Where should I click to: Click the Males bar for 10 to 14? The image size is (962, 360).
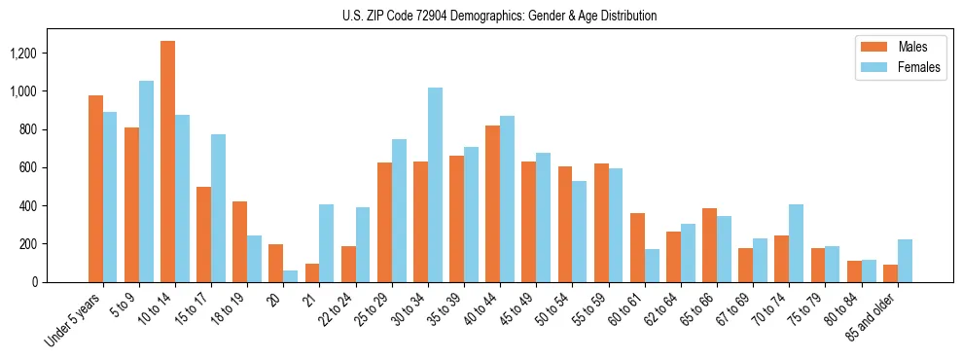168,162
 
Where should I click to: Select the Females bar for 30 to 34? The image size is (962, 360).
435,185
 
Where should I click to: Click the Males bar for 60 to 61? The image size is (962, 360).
637,247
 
